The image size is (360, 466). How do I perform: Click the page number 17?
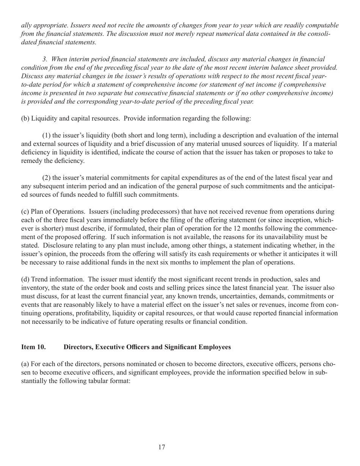[162, 447]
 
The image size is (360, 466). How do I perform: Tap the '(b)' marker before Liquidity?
[25, 118]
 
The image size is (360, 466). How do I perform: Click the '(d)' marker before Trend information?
[25, 280]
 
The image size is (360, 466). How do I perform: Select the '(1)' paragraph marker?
[47, 135]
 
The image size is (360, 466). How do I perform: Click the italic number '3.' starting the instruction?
[45, 59]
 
